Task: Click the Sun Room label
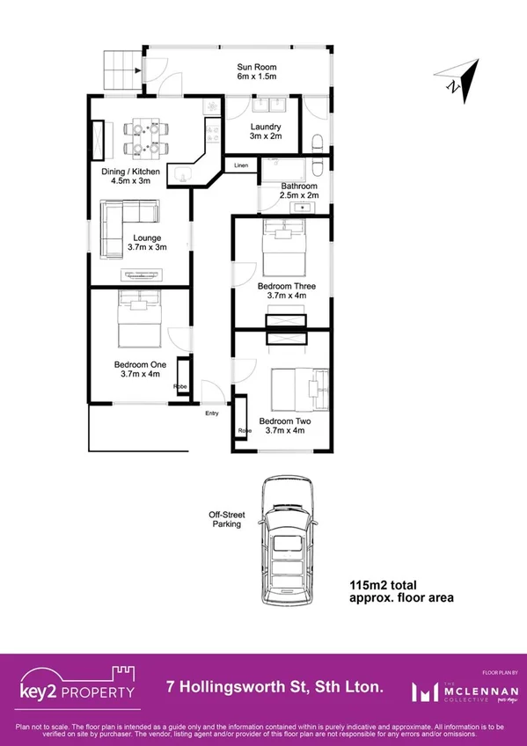pyautogui.click(x=257, y=71)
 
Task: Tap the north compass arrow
pyautogui.click(x=460, y=79)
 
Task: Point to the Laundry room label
pyautogui.click(x=266, y=131)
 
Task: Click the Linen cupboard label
pyautogui.click(x=240, y=165)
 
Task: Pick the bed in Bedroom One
pyautogui.click(x=138, y=323)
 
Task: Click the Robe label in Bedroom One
pyautogui.click(x=179, y=385)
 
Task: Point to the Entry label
pyautogui.click(x=212, y=413)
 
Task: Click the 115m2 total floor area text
pyautogui.click(x=401, y=591)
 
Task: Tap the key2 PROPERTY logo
pyautogui.click(x=79, y=686)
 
